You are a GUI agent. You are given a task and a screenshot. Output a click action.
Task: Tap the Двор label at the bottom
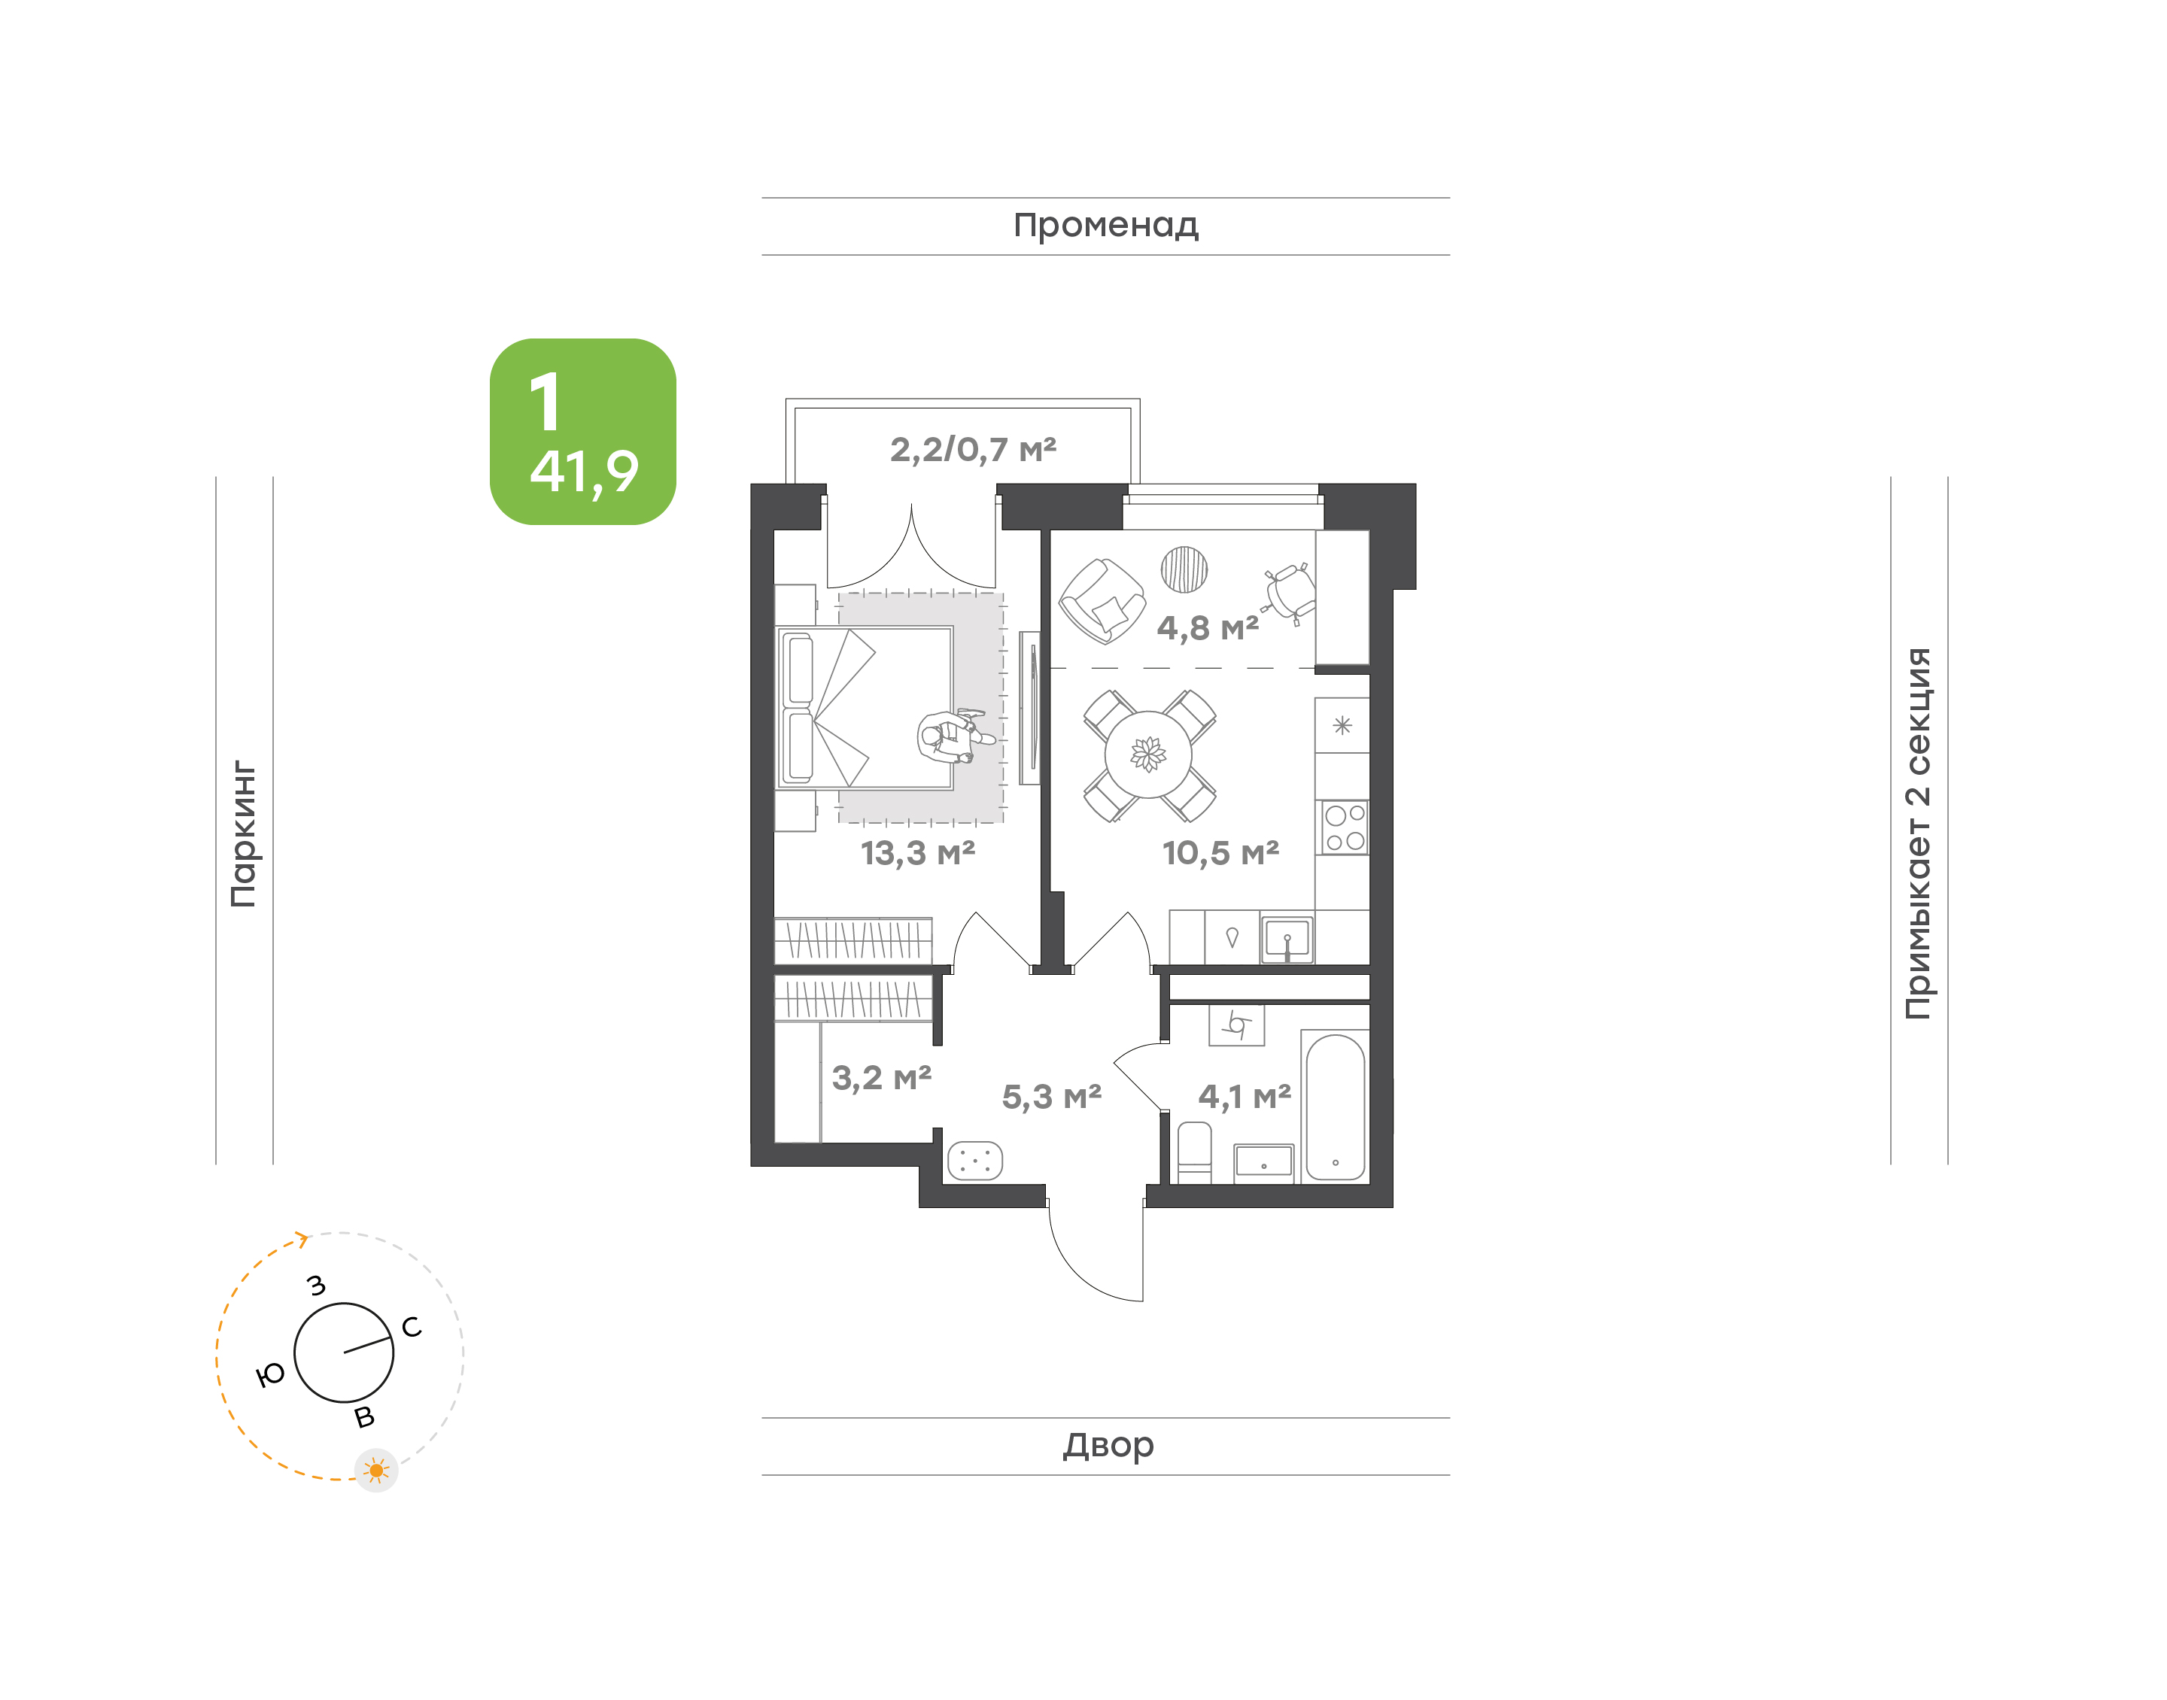coord(1108,1445)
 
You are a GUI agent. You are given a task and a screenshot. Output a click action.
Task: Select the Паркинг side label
coord(244,834)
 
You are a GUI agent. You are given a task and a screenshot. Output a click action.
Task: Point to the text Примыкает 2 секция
coord(1918,833)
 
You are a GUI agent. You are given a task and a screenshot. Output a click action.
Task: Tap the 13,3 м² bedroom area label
coord(918,853)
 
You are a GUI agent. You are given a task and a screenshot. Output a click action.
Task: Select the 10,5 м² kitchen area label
coord(1220,853)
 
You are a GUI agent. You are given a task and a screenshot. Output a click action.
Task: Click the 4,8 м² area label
coord(1208,628)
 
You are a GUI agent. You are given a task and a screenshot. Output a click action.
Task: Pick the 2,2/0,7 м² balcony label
coord(972,450)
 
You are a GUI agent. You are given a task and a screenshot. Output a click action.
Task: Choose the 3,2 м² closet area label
coord(882,1078)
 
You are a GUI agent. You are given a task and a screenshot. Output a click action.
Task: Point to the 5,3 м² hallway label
coord(1051,1097)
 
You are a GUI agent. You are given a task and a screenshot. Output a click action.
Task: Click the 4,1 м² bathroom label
coord(1245,1097)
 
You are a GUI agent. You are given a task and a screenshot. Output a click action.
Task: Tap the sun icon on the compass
coord(376,1470)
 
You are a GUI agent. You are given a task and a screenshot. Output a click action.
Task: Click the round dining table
coord(1149,755)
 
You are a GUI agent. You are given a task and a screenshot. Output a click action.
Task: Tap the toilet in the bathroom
coord(1195,1152)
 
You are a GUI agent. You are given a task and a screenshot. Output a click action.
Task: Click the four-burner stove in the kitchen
coord(1344,828)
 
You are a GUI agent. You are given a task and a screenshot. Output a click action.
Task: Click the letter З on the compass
coord(317,1285)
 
